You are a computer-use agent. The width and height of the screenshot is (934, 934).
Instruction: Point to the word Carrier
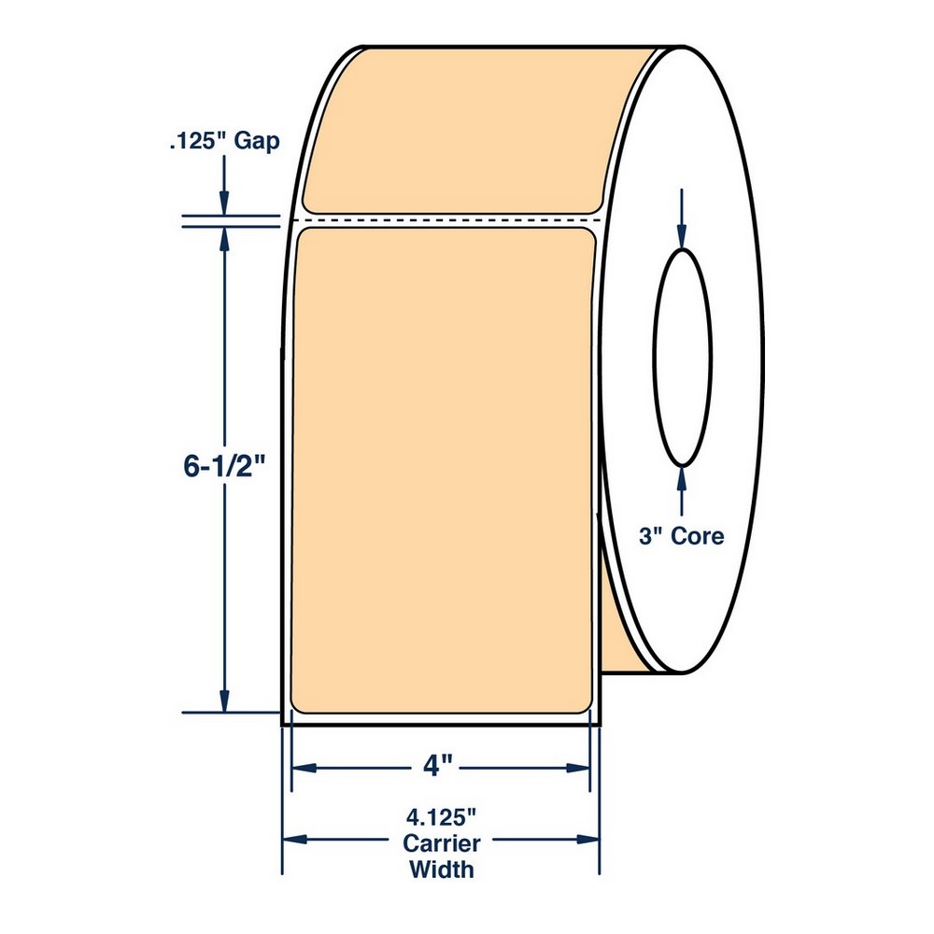click(x=442, y=844)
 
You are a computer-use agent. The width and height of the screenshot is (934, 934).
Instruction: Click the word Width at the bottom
click(x=442, y=870)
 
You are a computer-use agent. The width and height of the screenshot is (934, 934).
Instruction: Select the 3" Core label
click(x=682, y=536)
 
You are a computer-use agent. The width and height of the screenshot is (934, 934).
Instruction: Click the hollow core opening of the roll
click(x=682, y=358)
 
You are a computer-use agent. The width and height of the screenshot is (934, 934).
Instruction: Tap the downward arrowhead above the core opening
click(x=682, y=237)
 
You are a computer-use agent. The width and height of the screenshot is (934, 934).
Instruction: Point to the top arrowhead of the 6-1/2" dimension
click(x=224, y=239)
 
